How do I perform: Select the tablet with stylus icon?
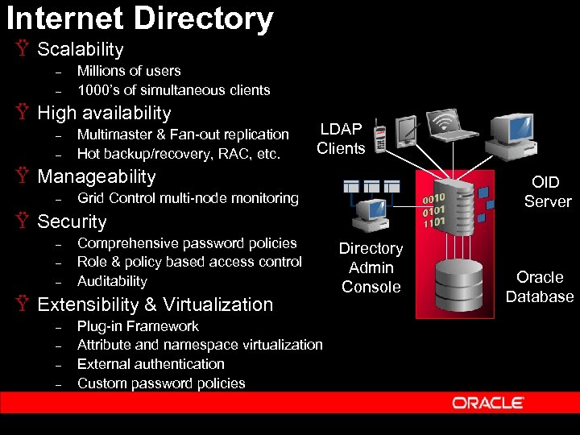click(407, 130)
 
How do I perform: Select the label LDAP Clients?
click(341, 139)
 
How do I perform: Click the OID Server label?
click(547, 192)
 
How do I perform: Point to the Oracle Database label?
click(540, 287)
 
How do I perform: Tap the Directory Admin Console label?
click(371, 267)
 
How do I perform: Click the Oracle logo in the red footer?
click(487, 403)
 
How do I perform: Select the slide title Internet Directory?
click(140, 18)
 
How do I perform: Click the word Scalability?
click(81, 50)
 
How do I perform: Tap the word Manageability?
click(97, 176)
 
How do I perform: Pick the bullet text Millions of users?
click(129, 71)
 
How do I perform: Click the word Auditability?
click(112, 281)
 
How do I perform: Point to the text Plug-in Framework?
click(138, 326)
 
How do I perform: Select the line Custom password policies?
click(161, 383)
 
